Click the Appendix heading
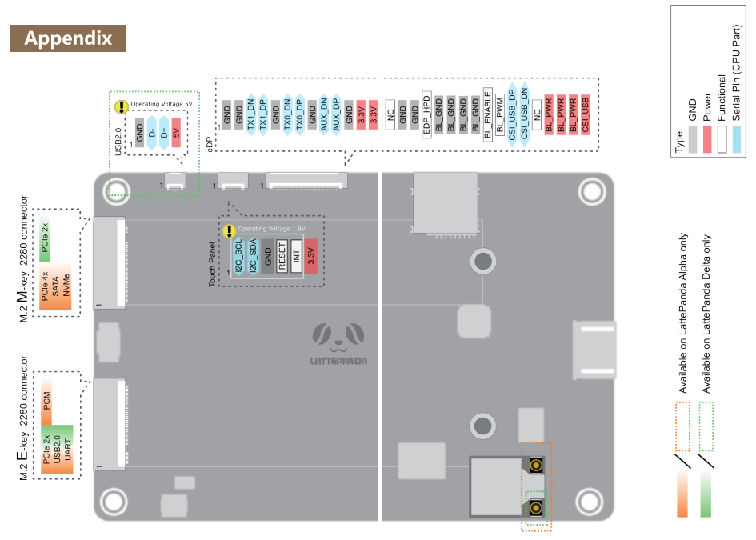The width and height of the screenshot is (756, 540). (68, 38)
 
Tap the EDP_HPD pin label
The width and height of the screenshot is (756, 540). (426, 114)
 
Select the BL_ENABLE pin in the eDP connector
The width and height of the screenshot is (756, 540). (487, 114)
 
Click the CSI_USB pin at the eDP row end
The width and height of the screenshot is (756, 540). (586, 114)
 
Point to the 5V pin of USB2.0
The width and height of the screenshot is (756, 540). (176, 133)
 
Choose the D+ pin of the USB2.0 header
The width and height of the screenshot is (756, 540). (164, 133)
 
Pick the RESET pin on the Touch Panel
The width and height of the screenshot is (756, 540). (282, 256)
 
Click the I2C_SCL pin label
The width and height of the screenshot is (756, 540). (238, 256)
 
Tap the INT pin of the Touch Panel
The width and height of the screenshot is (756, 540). (296, 256)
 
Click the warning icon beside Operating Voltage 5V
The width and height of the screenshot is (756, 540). (121, 106)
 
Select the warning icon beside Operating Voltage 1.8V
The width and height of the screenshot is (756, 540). (229, 231)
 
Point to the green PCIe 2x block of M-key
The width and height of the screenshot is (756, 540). (45, 238)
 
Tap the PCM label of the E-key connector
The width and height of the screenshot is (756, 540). (46, 400)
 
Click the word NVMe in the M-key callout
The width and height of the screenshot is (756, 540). (66, 285)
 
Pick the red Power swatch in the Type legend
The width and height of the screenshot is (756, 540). (707, 139)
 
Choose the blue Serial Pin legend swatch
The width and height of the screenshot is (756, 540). (737, 139)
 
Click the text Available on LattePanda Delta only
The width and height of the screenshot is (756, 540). (706, 314)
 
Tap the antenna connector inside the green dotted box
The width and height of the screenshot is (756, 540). (536, 508)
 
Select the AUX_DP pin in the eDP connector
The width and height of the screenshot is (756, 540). (336, 114)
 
